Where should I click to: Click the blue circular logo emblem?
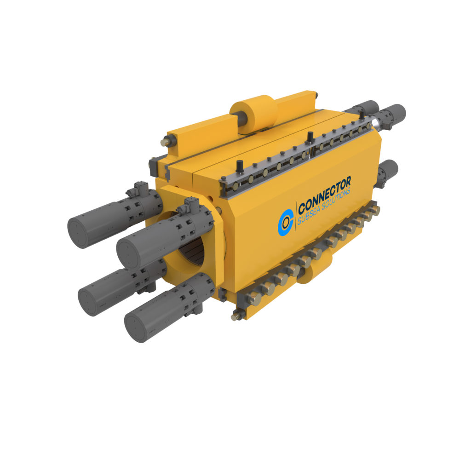coord(286,221)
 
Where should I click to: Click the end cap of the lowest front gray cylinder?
coord(136,327)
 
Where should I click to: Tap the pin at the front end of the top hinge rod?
coord(163,143)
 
